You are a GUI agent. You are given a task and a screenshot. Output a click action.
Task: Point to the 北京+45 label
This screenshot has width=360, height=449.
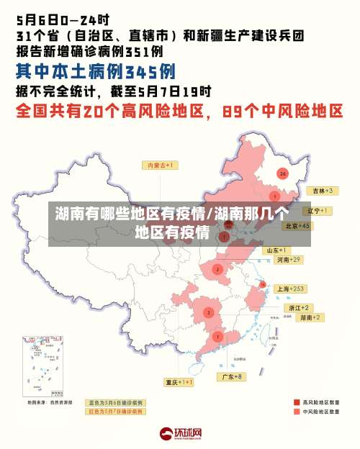pyautogui.click(x=297, y=226)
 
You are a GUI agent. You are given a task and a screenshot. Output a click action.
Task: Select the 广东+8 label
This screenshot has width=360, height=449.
pyautogui.click(x=231, y=376)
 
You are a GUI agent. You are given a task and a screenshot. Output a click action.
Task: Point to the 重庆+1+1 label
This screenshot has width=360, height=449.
pyautogui.click(x=178, y=382)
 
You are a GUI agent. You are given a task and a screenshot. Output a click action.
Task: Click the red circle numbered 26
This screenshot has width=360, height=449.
pyautogui.click(x=283, y=173)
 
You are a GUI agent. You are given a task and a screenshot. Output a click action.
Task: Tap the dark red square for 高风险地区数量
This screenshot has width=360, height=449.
pyautogui.click(x=297, y=403)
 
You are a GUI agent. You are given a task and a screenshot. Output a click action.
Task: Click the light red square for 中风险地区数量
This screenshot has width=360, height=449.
pyautogui.click(x=297, y=412)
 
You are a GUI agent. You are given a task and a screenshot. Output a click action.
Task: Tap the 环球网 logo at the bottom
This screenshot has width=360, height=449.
pyautogui.click(x=181, y=434)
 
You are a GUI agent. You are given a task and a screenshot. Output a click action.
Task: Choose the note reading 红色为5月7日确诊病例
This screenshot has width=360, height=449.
pyautogui.click(x=115, y=412)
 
